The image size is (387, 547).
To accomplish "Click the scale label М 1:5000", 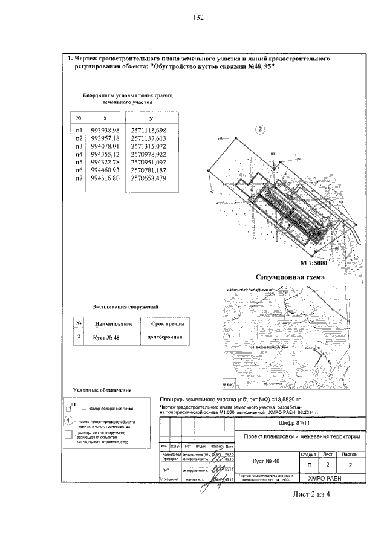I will tap(313, 264).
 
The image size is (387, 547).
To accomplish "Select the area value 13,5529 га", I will tap(294, 400).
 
